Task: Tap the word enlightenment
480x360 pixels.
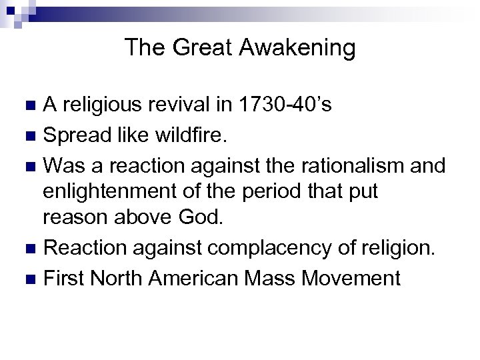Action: coord(108,192)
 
